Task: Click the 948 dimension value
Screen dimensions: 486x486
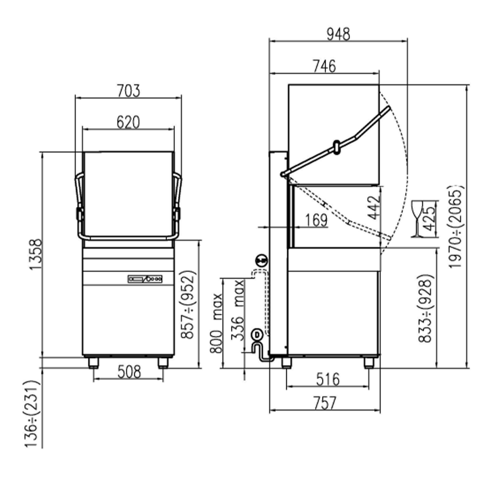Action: tap(338, 34)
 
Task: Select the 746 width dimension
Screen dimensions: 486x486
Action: tap(324, 66)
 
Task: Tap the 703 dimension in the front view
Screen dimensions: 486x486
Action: tap(128, 91)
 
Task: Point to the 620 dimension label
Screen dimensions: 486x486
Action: tap(128, 122)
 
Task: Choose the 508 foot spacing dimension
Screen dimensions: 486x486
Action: tap(128, 371)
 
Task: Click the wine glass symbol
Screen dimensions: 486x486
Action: tap(416, 219)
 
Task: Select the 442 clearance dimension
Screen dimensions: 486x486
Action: tap(375, 207)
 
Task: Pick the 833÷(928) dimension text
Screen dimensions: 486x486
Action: tap(426, 309)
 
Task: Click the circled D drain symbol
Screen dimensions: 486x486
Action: tap(256, 335)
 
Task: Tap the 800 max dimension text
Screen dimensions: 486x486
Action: tap(217, 323)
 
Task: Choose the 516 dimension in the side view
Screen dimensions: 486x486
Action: tap(328, 380)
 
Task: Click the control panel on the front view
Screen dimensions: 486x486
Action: tap(145, 279)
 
